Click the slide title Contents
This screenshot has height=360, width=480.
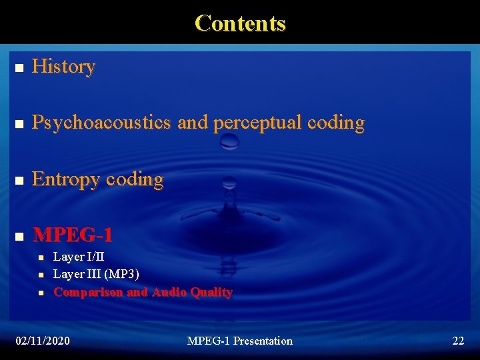240,23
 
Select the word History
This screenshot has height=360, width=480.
63,67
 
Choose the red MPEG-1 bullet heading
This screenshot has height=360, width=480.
73,235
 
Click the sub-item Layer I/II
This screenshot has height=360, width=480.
79,257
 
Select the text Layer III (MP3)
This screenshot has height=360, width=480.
96,274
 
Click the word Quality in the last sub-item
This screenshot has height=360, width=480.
211,292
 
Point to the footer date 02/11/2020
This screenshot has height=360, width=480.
43,341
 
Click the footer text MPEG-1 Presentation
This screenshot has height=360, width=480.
239,341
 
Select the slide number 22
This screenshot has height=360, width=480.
458,341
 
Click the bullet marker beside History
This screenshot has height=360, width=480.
19,68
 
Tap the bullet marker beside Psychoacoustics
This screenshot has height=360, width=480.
19,124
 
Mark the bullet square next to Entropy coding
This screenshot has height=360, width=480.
19,181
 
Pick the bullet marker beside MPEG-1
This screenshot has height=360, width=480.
19,236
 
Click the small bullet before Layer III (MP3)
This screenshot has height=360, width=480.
41,275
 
